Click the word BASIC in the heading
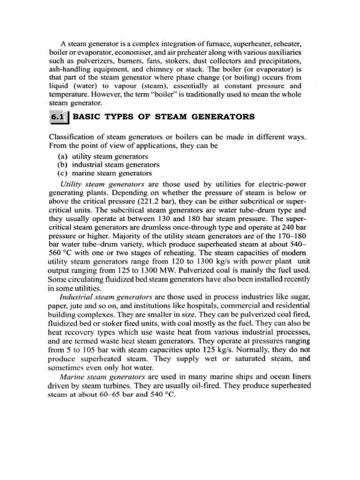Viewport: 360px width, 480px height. coord(86,117)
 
